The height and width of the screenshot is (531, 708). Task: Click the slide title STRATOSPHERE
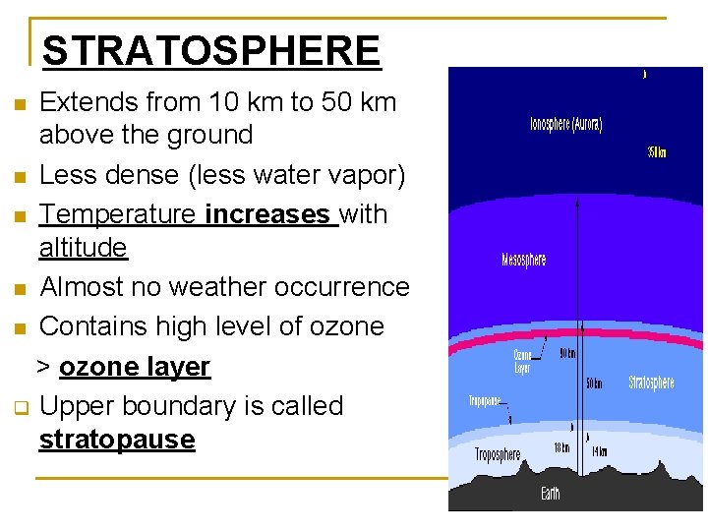coord(211,50)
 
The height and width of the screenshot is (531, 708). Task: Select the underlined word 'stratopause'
coord(117,439)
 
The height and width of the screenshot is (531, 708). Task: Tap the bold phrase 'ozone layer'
coord(134,367)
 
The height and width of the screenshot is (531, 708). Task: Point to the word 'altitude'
coord(84,247)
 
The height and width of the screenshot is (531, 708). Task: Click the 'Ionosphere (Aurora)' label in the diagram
coord(565,125)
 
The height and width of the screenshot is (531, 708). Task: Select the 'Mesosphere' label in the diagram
coord(523,260)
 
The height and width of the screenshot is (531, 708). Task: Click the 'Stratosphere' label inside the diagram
coord(651,382)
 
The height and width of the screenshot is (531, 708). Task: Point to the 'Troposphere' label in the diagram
coord(498,454)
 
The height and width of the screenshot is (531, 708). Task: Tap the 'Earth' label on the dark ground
coord(550,493)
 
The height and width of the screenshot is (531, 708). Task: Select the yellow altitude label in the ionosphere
coord(656,152)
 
